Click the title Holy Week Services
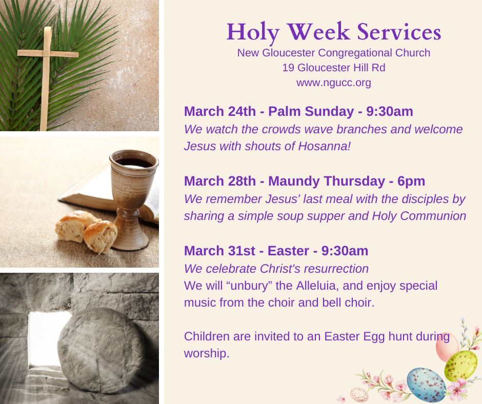(334, 32)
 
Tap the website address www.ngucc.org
(334, 83)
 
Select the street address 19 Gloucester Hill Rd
(334, 68)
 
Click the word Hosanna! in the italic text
(324, 146)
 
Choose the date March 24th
(220, 111)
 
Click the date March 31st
(219, 251)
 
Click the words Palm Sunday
(311, 112)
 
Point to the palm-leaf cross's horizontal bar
(48, 54)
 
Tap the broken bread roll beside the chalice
(86, 231)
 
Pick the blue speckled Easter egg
(426, 385)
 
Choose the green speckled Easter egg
(461, 366)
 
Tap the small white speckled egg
(359, 394)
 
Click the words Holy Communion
(419, 216)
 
